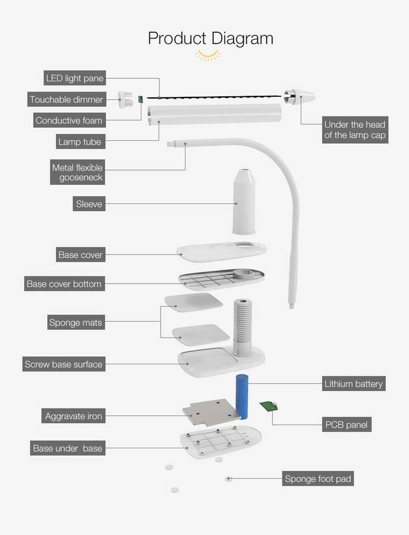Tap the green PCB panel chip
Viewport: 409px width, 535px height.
click(x=269, y=407)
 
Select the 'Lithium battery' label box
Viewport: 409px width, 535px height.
click(x=354, y=383)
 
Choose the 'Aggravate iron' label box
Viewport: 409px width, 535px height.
click(x=74, y=416)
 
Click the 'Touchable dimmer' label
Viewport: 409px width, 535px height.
click(x=67, y=99)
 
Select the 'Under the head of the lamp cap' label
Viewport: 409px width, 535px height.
click(x=354, y=130)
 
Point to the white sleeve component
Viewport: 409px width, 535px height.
click(x=243, y=202)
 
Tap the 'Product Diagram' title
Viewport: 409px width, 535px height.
click(x=210, y=38)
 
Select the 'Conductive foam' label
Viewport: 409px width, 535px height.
click(x=69, y=121)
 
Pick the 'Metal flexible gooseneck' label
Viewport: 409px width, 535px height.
click(x=77, y=172)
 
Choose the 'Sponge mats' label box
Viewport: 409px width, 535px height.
click(x=75, y=323)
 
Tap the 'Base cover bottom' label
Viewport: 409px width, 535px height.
click(x=64, y=284)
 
